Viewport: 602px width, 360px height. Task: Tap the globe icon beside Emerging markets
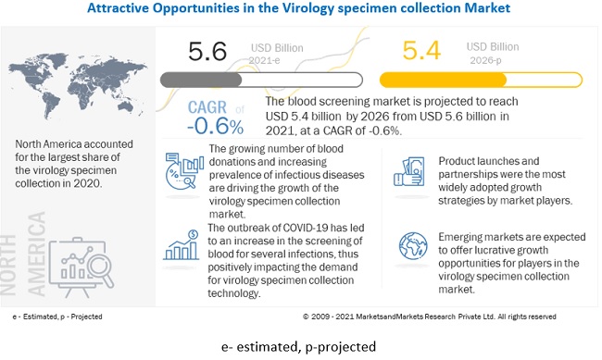(x=409, y=247)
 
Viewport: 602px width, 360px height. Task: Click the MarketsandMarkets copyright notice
(x=429, y=317)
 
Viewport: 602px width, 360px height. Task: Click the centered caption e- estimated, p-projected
(x=299, y=346)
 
